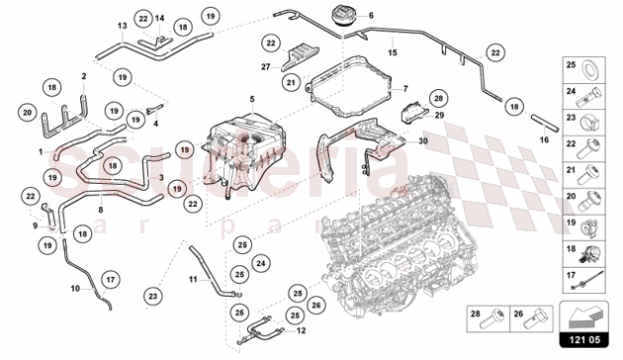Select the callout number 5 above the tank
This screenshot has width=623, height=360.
click(x=252, y=99)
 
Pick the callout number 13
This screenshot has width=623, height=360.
click(x=122, y=26)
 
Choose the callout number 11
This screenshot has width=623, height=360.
click(x=195, y=280)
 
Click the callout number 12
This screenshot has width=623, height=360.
click(x=301, y=331)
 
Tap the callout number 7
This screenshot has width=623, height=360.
click(x=404, y=89)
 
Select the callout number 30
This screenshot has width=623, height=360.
click(x=423, y=141)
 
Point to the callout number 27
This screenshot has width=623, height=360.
click(x=266, y=67)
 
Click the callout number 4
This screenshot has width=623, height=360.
click(x=154, y=124)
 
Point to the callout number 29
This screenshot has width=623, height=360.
click(x=440, y=117)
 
